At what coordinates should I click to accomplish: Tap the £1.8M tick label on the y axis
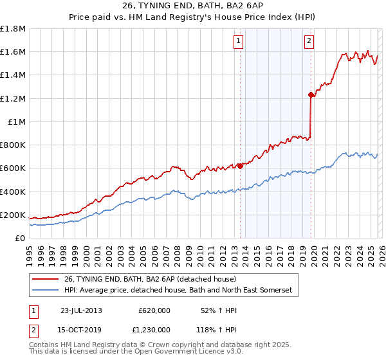[13, 29]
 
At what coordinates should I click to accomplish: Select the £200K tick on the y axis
[13, 215]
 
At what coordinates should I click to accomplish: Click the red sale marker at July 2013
[240, 166]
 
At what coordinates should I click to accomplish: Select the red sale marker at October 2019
[311, 95]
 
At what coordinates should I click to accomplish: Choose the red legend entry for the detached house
[150, 279]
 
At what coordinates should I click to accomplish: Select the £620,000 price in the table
[154, 310]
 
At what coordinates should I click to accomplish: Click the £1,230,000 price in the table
[154, 328]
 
